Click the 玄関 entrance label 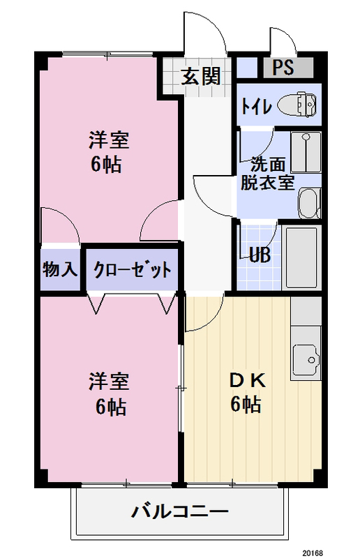200,76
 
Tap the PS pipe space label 283,67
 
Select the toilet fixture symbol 297,104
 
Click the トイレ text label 256,106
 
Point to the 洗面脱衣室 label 267,174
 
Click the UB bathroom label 260,255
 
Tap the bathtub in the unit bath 301,257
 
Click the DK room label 247,382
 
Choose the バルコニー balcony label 180,512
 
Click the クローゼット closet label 133,270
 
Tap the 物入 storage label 60,269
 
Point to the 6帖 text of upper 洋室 106,165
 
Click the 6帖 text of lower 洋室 111,407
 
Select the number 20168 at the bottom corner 313,552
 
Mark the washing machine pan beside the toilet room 306,152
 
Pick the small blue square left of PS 247,67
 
